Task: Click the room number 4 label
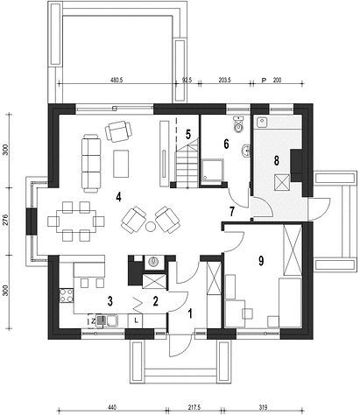(118, 197)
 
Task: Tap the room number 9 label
(261, 261)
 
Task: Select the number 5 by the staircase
(188, 134)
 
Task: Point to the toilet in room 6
(239, 124)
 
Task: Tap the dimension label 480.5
(116, 80)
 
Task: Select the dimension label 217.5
(194, 407)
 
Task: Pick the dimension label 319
(263, 407)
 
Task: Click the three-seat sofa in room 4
(91, 164)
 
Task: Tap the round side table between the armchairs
(150, 227)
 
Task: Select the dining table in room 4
(75, 221)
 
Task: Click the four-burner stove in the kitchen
(67, 295)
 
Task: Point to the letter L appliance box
(136, 320)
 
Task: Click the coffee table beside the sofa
(121, 164)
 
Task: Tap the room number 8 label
(276, 160)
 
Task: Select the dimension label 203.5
(224, 80)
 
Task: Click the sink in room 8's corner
(262, 122)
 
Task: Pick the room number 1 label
(190, 314)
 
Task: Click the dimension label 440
(112, 407)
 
